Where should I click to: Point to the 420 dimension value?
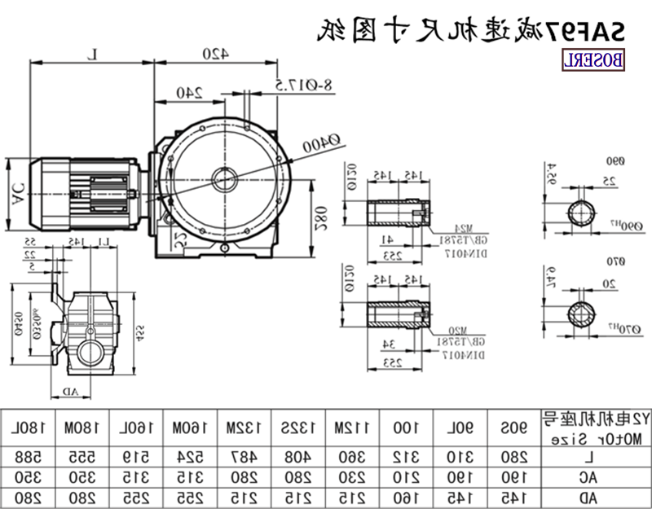[x=214, y=54]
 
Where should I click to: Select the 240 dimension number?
[x=188, y=92]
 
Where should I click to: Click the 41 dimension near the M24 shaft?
[x=386, y=239]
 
